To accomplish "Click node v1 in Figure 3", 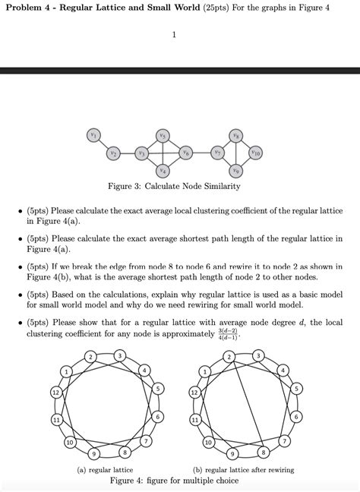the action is tap(93, 134).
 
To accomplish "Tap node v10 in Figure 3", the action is tap(256, 153).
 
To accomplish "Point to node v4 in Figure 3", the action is tap(163, 171).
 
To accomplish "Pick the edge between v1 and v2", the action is tap(103, 143).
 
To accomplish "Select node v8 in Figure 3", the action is tap(237, 134).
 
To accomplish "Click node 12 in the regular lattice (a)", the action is tap(55, 392).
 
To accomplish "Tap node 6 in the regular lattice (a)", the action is tap(157, 418).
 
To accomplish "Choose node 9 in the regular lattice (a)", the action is tap(93, 454).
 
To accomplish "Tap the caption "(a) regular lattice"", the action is tap(106, 470).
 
